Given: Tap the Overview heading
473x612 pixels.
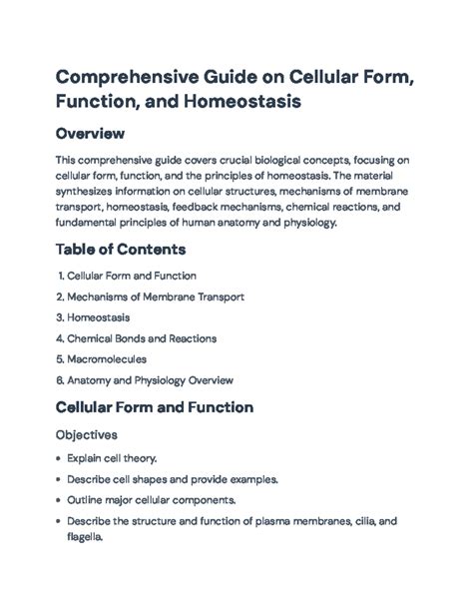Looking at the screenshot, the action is pos(96,133).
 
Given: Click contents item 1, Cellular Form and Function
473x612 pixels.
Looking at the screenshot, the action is pos(131,275).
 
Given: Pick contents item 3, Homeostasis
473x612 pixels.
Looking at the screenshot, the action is pos(103,317).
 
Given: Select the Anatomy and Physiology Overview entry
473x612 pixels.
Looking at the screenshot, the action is pos(149,380).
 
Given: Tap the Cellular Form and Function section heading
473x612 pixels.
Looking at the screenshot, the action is pos(155,407).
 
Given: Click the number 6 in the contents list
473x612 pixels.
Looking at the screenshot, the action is pos(60,380).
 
